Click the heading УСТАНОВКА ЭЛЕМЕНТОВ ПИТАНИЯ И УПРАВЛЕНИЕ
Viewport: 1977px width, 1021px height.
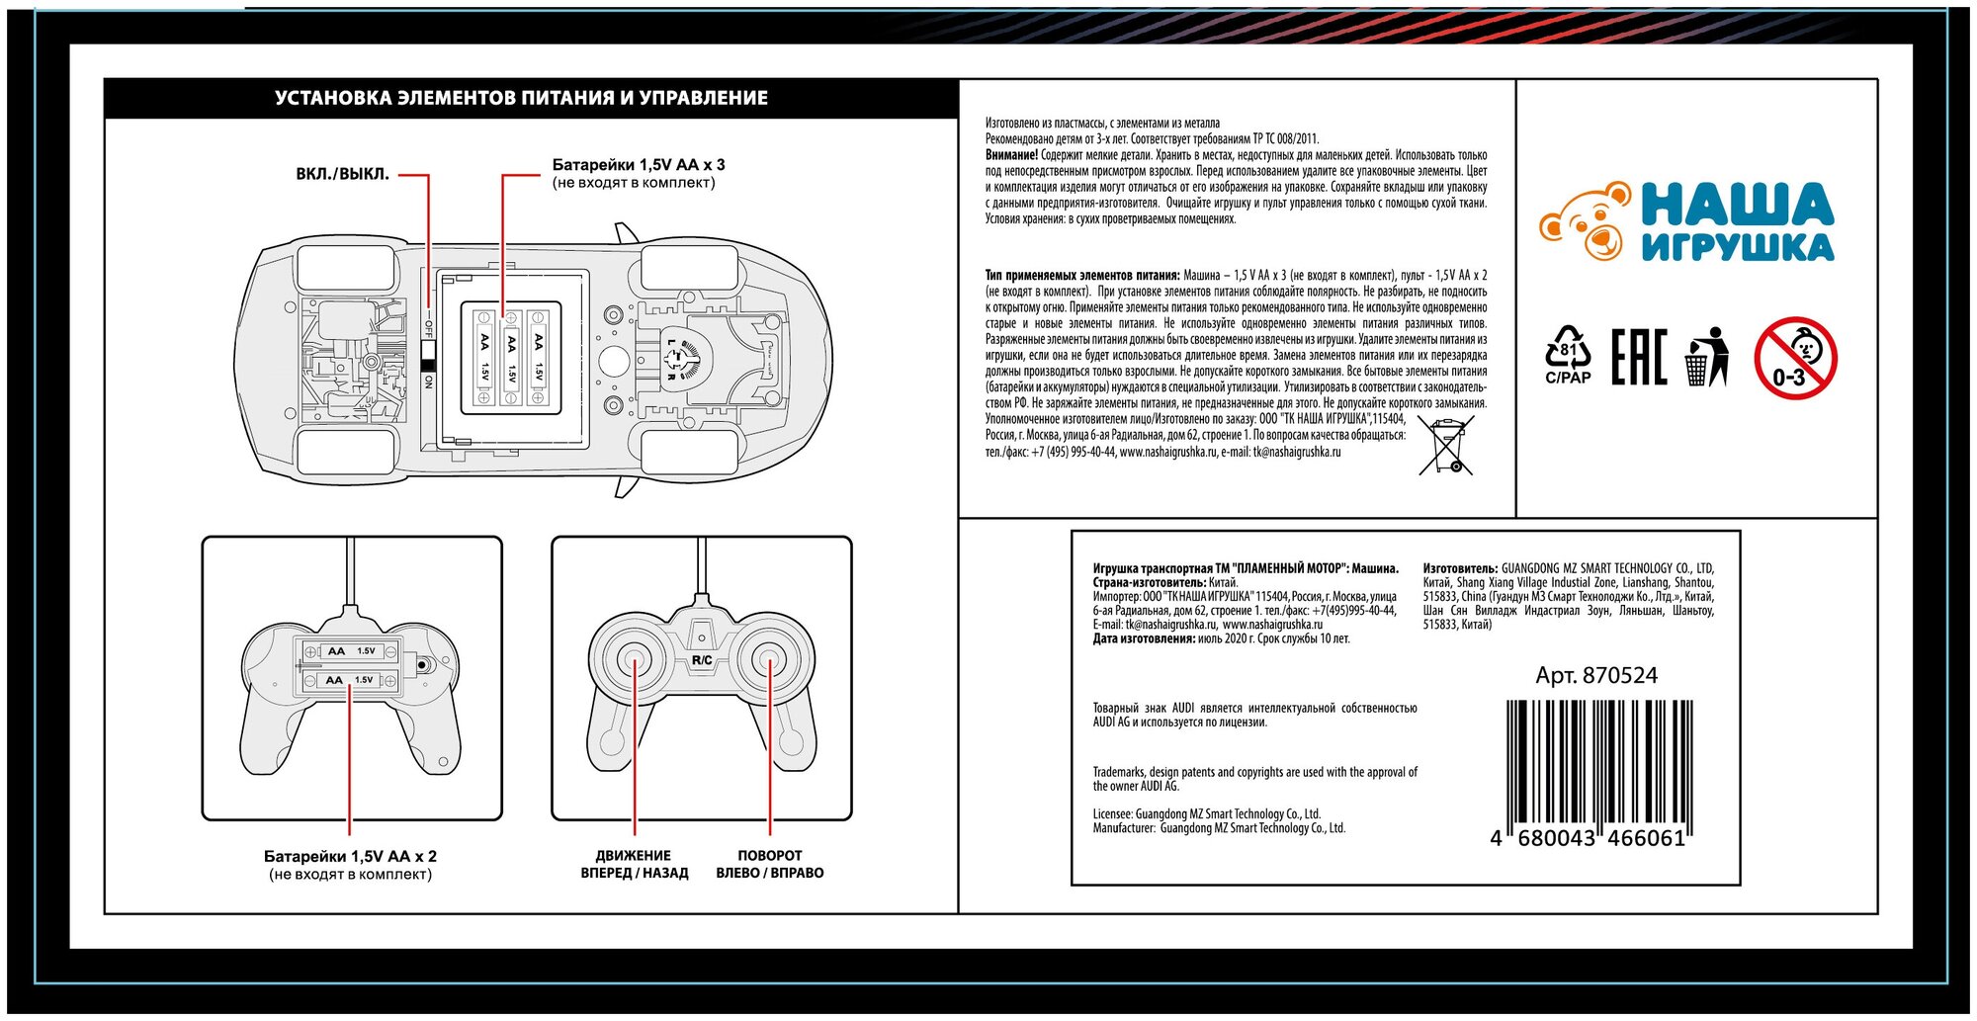click(x=521, y=98)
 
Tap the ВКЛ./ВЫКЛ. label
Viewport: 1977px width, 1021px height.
click(x=342, y=174)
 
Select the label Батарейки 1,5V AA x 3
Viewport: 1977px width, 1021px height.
click(x=639, y=165)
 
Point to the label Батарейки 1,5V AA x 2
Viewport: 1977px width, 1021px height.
click(x=350, y=856)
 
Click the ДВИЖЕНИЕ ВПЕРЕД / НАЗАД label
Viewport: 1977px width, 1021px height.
click(x=634, y=864)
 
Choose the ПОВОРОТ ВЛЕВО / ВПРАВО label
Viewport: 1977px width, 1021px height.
click(x=770, y=864)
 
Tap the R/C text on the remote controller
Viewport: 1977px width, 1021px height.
click(x=702, y=660)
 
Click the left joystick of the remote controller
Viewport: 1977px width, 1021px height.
click(x=634, y=659)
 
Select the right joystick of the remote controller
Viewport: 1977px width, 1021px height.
click(x=770, y=659)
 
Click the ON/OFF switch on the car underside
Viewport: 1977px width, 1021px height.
click(x=428, y=352)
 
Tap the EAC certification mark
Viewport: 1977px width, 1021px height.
click(x=1638, y=357)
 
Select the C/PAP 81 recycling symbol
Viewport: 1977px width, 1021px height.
click(x=1568, y=355)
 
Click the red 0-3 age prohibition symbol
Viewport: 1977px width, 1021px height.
click(x=1795, y=358)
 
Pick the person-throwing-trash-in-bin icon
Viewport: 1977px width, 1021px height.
click(x=1707, y=357)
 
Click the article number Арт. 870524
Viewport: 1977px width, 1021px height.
click(x=1596, y=676)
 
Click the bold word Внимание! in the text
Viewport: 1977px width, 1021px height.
click(x=1011, y=155)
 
